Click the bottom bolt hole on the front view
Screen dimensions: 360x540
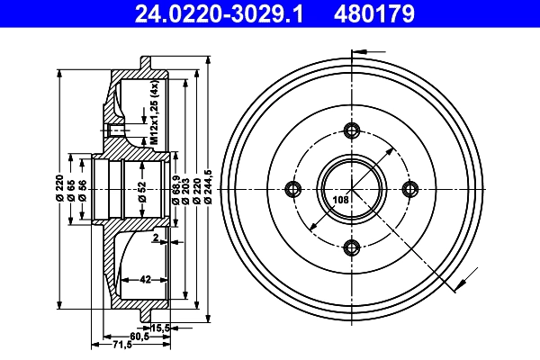[x=352, y=248]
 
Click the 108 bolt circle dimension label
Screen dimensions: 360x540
[x=341, y=200]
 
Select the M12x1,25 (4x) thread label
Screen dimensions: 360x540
[x=154, y=112]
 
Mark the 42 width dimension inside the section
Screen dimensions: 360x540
[x=144, y=279]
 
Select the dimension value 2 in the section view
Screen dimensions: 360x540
[x=155, y=238]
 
